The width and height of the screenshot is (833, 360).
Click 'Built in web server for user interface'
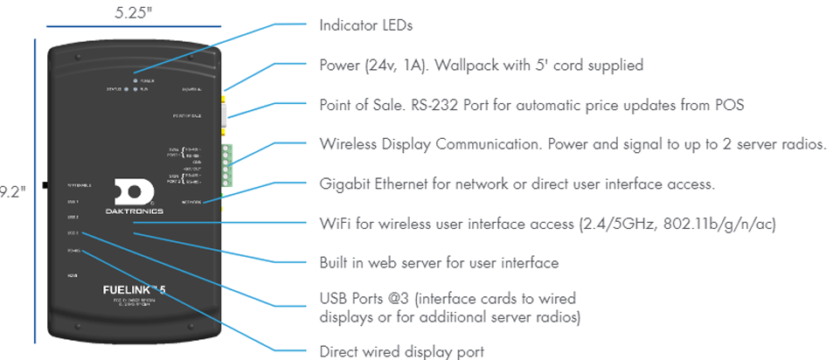pyautogui.click(x=439, y=262)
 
